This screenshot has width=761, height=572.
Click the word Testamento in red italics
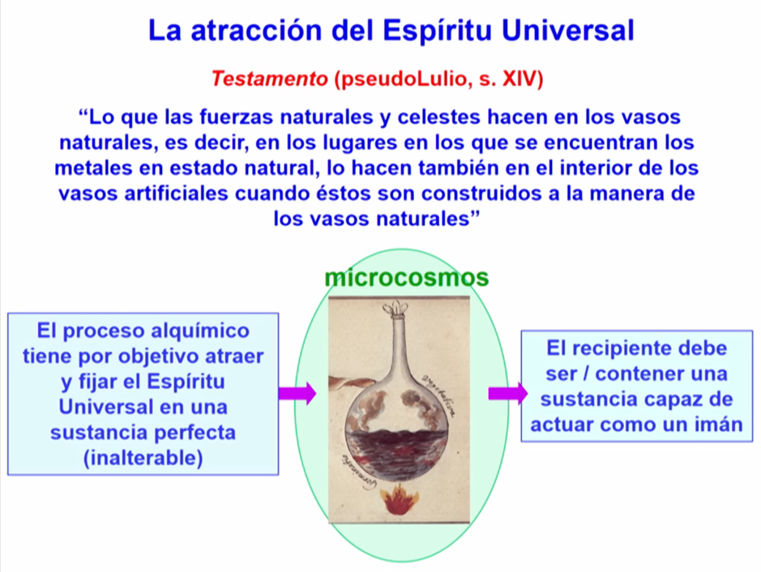(x=269, y=79)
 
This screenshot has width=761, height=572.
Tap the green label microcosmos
(x=406, y=278)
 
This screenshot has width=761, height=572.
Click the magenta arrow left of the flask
(x=297, y=394)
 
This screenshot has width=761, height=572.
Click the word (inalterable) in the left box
(x=143, y=458)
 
